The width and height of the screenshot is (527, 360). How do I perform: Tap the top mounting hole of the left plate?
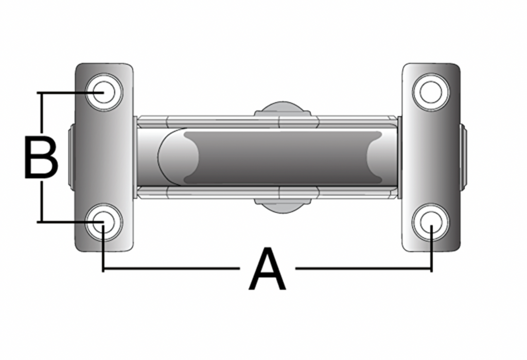pos(104,92)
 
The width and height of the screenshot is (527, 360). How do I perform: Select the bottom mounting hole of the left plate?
pos(104,222)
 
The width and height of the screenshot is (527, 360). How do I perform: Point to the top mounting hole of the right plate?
pos(431,92)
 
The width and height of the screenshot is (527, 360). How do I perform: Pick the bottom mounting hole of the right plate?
pos(431,222)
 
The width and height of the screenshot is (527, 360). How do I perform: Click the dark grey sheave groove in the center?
pos(283,157)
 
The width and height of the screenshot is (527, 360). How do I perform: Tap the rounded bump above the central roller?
pos(283,109)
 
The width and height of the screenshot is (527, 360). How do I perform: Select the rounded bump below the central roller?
pos(283,206)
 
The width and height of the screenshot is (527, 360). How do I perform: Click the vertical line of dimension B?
pos(42,157)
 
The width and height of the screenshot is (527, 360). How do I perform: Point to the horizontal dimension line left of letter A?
pos(171,268)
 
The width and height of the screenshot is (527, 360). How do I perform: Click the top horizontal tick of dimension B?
pos(70,92)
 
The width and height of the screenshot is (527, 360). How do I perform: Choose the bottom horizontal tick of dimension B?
pos(70,222)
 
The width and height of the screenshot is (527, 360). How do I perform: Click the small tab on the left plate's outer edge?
pos(72,157)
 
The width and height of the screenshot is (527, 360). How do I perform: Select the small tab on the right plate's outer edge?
pos(463,157)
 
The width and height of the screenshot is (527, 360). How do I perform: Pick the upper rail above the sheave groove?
pos(267,122)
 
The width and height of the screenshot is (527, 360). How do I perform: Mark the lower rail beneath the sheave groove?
pos(267,192)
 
